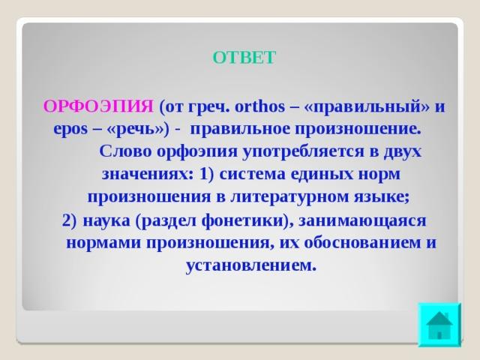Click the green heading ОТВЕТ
click(244, 58)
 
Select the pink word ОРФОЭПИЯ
click(98, 106)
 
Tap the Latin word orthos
click(259, 106)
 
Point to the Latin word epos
click(70, 130)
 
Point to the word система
click(252, 175)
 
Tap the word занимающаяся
click(362, 220)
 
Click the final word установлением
click(250, 265)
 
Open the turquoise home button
click(439, 325)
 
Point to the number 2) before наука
click(69, 220)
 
